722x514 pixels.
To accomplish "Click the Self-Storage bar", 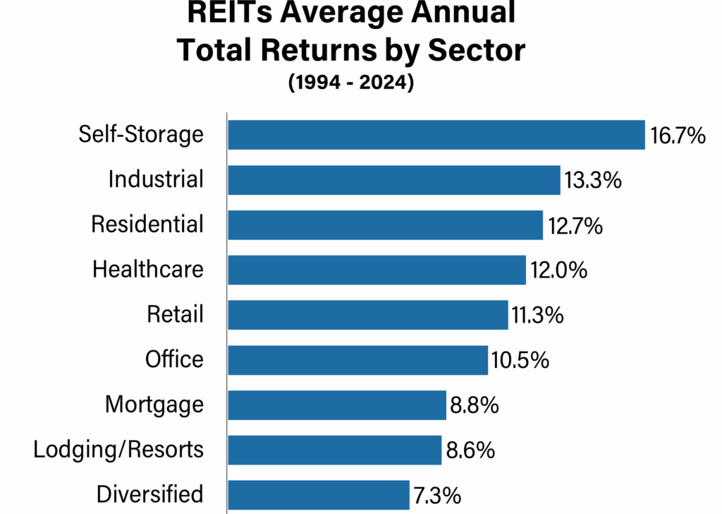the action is click(436, 135).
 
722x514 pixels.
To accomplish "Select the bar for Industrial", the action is click(393, 180).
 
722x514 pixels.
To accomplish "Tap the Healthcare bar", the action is click(377, 270).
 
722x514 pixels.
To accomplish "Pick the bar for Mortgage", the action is click(337, 405).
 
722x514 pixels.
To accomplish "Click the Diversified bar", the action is click(318, 495).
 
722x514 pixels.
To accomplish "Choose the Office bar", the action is click(357, 360).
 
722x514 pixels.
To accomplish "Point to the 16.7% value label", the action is click(678, 136).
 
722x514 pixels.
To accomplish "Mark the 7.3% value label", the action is click(438, 496).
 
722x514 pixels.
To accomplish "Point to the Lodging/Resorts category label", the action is click(118, 450).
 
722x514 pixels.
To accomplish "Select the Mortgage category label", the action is click(154, 405).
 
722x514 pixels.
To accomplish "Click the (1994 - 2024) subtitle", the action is click(350, 83).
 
